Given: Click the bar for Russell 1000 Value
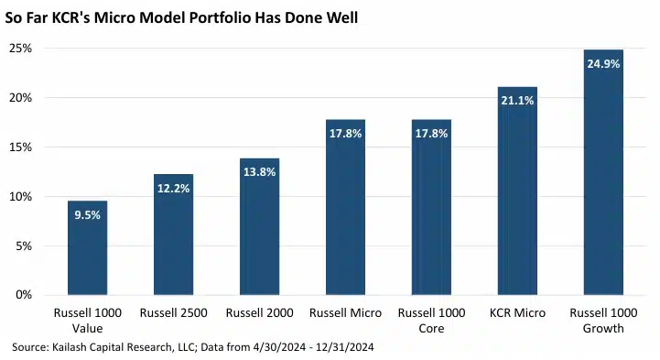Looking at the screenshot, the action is tap(88, 247).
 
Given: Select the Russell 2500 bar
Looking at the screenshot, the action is tap(173, 235).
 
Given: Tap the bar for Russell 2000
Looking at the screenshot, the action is tap(259, 226).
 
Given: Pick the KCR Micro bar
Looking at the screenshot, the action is tap(517, 191).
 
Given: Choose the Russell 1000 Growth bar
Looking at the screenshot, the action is tap(603, 172).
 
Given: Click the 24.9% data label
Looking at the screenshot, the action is tap(603, 64).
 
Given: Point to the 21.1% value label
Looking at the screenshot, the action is tap(517, 101).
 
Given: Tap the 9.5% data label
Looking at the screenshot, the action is tap(88, 215).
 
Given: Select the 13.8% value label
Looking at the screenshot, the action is tap(260, 172).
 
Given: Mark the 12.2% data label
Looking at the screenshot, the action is tap(173, 188).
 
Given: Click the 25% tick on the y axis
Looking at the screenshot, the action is tap(21, 49).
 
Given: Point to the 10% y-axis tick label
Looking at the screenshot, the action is tap(21, 197).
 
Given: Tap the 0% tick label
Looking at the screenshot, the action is tap(24, 295).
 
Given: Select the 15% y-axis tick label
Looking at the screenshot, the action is tap(21, 147).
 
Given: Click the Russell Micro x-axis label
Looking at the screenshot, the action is tap(346, 313).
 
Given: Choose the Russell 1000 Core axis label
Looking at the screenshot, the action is tap(431, 321).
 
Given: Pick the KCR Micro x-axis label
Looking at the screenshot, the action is tap(517, 313).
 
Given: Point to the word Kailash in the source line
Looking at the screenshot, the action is tap(68, 347).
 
